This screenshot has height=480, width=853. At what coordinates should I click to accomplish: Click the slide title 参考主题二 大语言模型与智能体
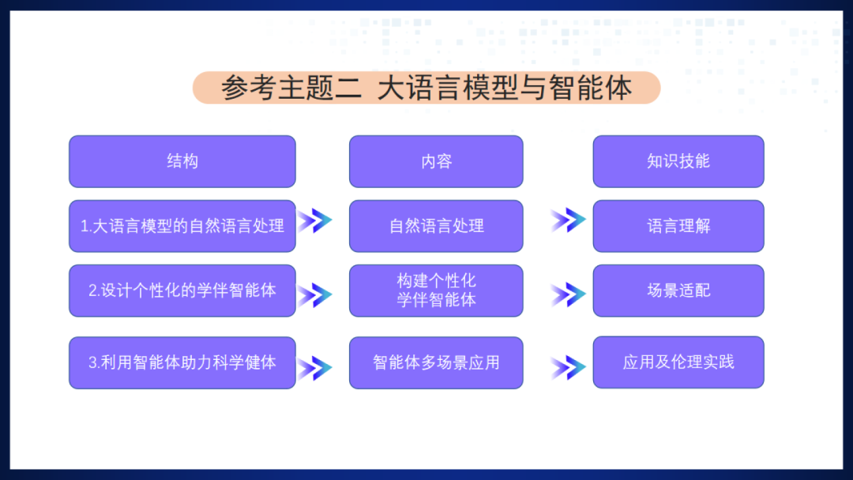coord(426,88)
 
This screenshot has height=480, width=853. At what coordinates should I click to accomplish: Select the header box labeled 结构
coord(182,161)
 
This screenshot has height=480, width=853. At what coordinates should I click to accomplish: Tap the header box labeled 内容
coord(436,161)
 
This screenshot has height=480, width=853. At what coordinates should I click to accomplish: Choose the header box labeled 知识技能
coord(678,161)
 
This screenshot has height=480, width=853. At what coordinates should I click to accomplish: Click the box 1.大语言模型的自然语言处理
coord(182,226)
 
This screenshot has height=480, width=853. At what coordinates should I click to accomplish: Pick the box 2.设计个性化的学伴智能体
coord(182,291)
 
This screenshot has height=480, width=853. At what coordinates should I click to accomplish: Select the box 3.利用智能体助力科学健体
coord(182,363)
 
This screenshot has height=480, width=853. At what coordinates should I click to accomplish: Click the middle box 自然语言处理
coord(436,226)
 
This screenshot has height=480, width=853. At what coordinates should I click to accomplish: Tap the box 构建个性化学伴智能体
coord(436,291)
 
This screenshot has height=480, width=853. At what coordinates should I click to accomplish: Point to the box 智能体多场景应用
coord(436,363)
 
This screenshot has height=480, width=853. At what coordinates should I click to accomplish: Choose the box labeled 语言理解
coord(678,226)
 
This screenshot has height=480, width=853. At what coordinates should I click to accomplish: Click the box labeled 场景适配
coord(678,291)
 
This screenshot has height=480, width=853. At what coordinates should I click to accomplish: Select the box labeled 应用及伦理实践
coord(678,362)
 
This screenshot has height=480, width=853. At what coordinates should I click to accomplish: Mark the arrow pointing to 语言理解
coord(568,220)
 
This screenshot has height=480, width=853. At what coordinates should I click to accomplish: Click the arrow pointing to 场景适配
coord(568,294)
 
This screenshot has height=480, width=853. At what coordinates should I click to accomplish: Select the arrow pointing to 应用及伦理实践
coord(568,368)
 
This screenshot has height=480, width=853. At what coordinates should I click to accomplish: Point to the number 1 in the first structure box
coord(85,227)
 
